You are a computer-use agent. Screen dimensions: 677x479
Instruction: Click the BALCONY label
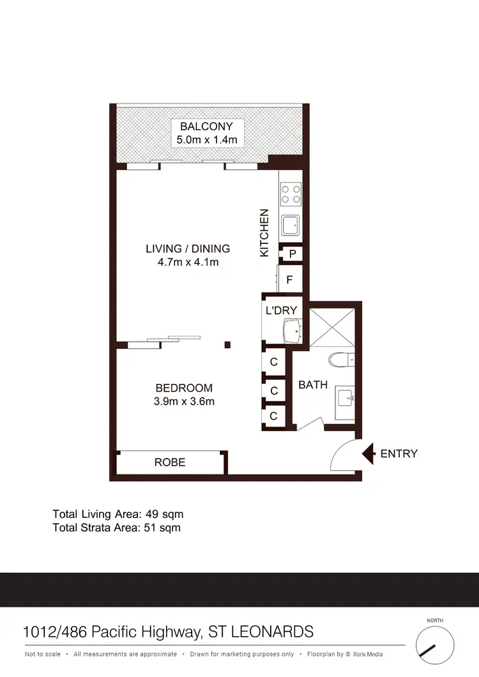(206, 126)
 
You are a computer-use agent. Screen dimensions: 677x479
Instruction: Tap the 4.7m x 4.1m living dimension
(187, 262)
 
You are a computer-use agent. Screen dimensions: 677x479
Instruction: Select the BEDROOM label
(184, 388)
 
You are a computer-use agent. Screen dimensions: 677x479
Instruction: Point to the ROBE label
(170, 462)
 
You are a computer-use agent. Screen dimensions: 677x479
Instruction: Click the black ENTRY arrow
(369, 453)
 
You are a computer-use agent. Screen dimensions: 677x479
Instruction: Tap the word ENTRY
(399, 453)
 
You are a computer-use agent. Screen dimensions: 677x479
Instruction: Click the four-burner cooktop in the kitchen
(291, 194)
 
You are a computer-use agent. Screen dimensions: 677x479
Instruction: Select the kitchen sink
(291, 225)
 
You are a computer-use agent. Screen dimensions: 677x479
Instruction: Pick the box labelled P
(293, 254)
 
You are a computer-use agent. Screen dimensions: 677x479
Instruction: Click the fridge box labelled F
(290, 279)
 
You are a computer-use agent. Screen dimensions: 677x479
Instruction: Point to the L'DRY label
(281, 310)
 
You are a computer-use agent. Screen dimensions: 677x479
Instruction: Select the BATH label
(313, 385)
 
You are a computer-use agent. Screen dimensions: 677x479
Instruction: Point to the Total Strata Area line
(116, 528)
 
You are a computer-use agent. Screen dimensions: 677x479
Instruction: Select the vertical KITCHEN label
(264, 234)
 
